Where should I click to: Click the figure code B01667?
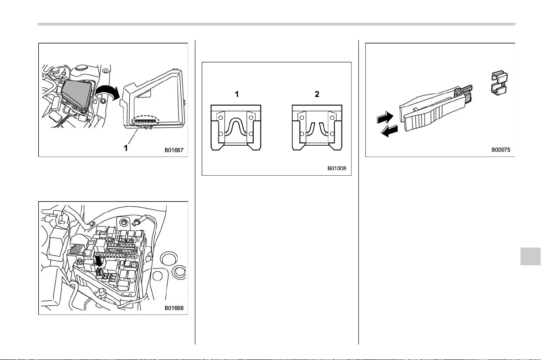(174, 150)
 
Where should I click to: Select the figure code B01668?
(174, 308)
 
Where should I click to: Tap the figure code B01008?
(337, 168)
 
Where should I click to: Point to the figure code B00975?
(501, 150)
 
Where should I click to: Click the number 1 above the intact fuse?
(237, 94)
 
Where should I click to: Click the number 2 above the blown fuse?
(317, 94)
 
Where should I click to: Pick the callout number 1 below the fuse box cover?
(126, 148)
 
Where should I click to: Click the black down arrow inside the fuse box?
(99, 261)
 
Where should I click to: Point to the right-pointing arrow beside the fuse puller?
(385, 117)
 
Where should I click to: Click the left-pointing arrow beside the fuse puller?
(389, 131)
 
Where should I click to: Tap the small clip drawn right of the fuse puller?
(499, 83)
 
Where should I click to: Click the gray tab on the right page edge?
(531, 255)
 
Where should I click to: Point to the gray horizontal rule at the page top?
(276, 24)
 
